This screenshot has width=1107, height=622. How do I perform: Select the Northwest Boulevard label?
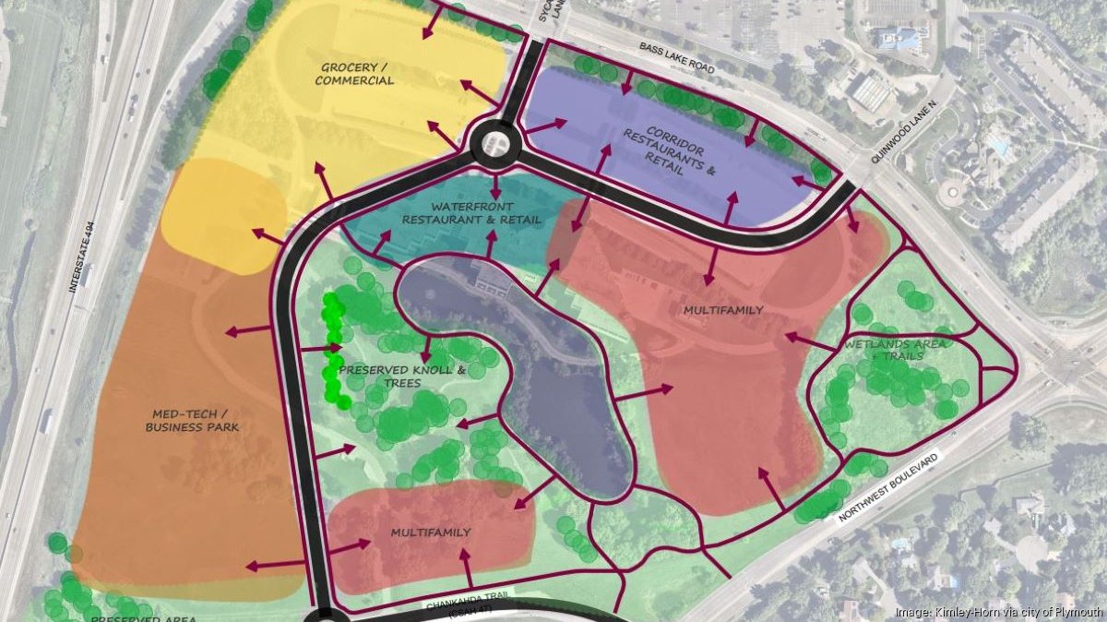(x=889, y=488)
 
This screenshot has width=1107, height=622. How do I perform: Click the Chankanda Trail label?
(x=470, y=604)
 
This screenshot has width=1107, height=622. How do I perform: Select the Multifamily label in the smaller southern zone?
(x=431, y=532)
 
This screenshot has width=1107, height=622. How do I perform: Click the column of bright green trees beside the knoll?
(x=333, y=351)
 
